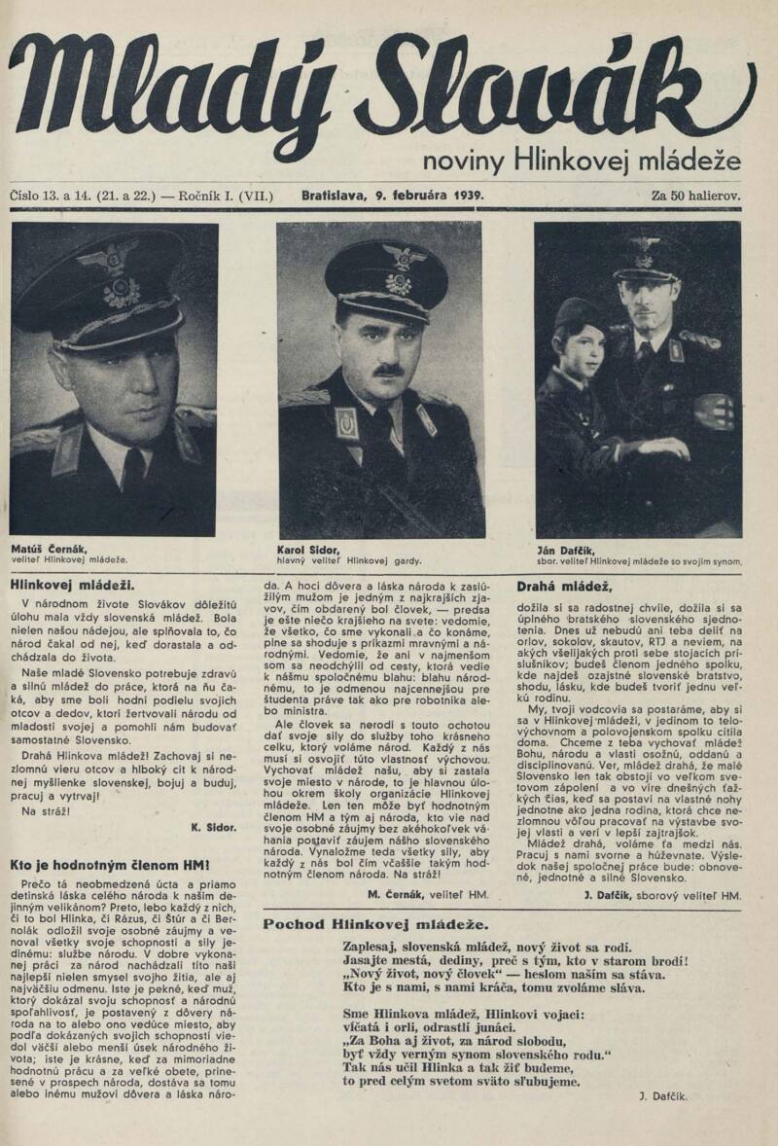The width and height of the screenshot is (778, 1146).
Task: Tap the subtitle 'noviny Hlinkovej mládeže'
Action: (582, 159)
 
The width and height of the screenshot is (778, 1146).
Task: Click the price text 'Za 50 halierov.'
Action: (695, 195)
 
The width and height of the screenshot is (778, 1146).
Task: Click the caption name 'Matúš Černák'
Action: (49, 549)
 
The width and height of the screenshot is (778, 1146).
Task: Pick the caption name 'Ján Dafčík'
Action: (566, 550)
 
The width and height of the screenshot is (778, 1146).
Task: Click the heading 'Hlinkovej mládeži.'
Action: (72, 585)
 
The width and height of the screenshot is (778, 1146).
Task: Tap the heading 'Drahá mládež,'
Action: (564, 586)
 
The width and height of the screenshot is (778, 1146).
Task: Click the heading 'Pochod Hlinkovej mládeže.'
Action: (375, 923)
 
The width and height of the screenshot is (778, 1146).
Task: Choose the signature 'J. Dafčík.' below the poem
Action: (665, 1095)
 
